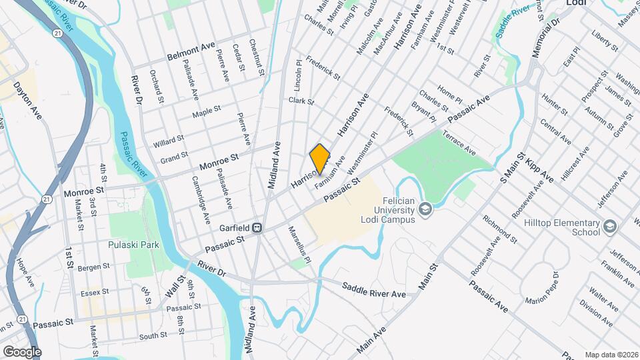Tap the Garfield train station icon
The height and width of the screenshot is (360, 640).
click(x=256, y=227)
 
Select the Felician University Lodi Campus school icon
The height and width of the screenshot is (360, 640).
click(x=426, y=211)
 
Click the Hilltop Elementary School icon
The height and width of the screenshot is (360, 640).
click(x=609, y=228)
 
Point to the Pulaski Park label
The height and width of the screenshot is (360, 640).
click(x=133, y=245)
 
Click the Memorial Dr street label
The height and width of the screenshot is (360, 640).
click(x=545, y=39)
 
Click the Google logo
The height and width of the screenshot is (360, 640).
click(x=22, y=351)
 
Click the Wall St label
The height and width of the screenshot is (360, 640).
click(x=173, y=285)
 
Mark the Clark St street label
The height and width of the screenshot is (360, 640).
click(x=301, y=101)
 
